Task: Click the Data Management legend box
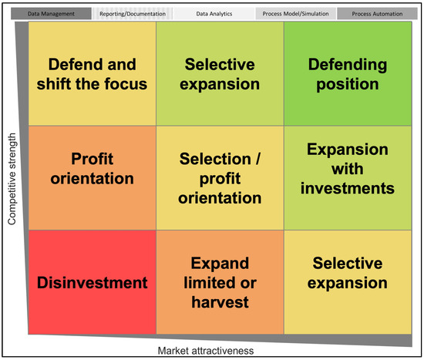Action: coord(51,14)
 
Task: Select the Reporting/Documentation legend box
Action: coord(133,14)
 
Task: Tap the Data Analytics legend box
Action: coord(214,14)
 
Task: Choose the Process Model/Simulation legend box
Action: coord(295,14)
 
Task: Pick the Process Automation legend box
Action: coord(377,14)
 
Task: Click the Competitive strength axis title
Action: coord(12,179)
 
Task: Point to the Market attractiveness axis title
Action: coord(206,351)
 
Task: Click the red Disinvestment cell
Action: coord(93,282)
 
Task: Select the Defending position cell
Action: coord(348,73)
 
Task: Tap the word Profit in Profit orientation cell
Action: coord(93,159)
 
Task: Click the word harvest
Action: coord(220,302)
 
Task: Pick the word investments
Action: coord(348,188)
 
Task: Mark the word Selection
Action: coord(215,159)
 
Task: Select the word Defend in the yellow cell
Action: coord(72,65)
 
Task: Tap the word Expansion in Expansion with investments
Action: coord(348,150)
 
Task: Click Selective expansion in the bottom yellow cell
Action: coord(348,273)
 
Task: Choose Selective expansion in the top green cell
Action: coord(220,74)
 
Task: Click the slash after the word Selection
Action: coord(258,159)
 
